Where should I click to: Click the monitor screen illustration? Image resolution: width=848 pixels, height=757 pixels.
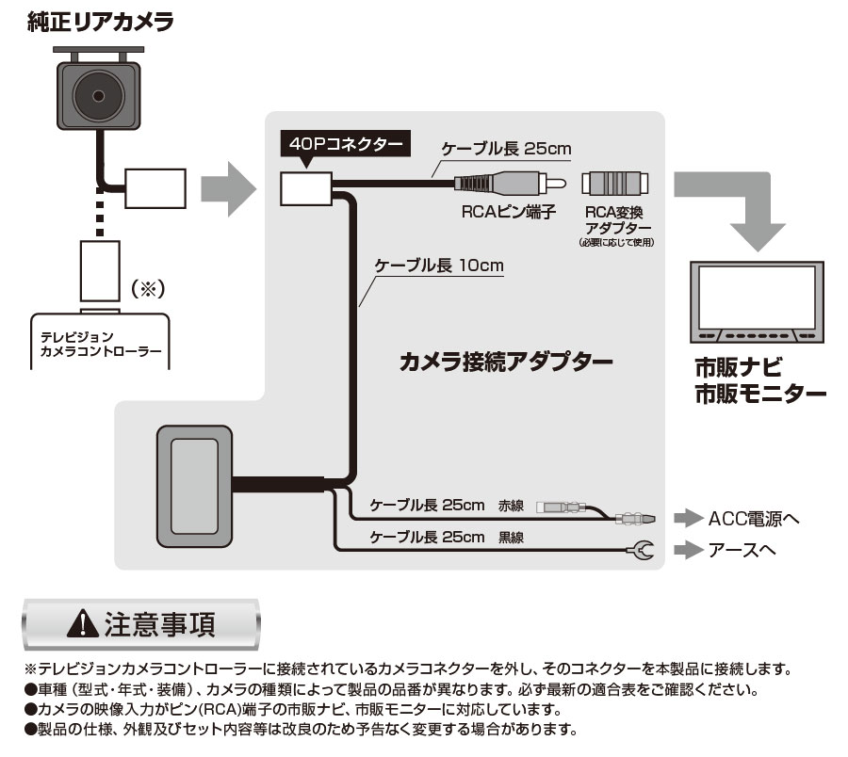click(x=757, y=297)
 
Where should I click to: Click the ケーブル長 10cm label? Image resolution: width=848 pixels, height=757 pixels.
click(x=439, y=266)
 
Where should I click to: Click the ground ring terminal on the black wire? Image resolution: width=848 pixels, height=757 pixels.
click(x=643, y=549)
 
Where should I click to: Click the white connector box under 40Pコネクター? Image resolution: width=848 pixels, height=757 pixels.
click(x=305, y=187)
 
